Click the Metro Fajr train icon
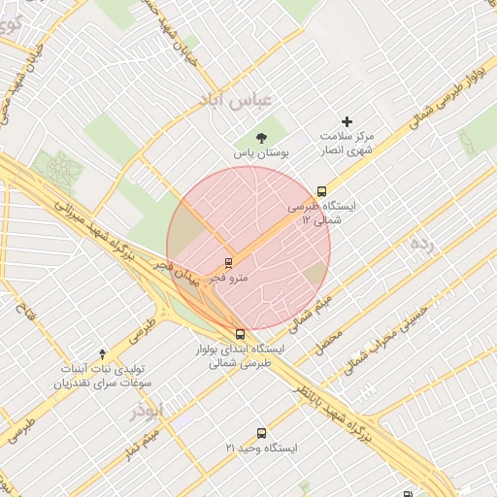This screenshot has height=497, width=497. (229, 262)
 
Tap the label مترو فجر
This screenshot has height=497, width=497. (229, 278)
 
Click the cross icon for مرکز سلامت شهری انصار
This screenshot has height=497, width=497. (348, 121)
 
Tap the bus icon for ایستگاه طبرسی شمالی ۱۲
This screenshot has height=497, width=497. (321, 191)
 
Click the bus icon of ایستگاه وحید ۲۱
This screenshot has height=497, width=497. (260, 433)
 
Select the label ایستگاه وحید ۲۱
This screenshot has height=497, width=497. (260, 448)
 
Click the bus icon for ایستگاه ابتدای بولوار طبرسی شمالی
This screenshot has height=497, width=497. (240, 333)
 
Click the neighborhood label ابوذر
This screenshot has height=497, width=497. (148, 411)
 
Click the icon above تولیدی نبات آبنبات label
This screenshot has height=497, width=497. (103, 354)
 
